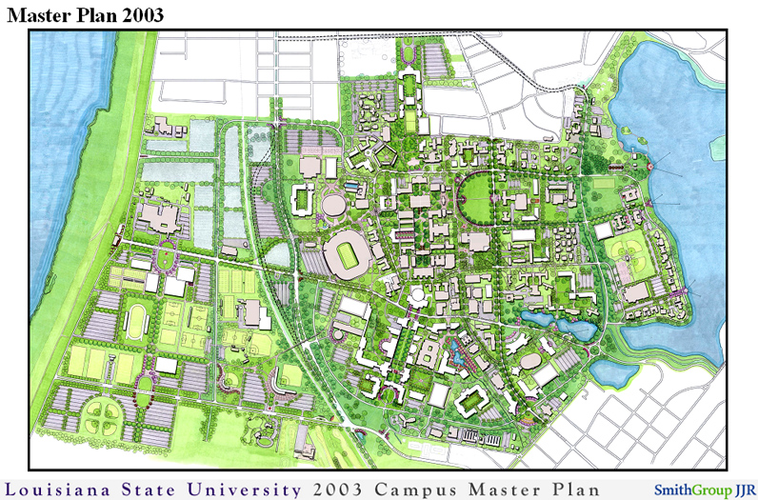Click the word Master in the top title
(x=39, y=14)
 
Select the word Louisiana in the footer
(x=63, y=489)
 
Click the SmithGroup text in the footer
(x=691, y=490)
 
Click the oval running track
(x=136, y=322)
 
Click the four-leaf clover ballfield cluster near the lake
(x=629, y=252)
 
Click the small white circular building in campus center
(x=417, y=298)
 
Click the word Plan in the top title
(x=91, y=14)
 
